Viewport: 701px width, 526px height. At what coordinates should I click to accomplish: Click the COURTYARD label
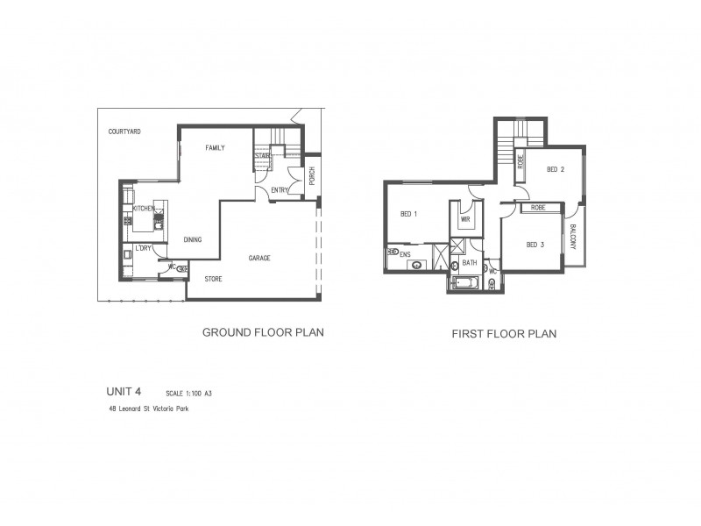124,131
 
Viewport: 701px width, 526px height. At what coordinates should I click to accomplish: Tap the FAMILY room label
216,148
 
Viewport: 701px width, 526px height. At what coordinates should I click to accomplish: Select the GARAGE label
258,259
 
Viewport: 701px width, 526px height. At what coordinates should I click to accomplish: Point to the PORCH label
312,177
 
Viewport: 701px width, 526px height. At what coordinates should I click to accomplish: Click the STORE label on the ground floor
213,280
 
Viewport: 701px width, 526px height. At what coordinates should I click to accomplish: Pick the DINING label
194,238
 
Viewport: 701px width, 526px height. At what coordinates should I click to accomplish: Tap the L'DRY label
143,248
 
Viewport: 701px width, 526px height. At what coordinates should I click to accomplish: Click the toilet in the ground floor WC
181,269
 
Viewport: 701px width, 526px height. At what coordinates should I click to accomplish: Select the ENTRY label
280,190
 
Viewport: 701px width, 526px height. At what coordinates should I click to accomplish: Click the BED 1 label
408,214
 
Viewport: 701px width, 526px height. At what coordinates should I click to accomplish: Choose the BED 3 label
535,245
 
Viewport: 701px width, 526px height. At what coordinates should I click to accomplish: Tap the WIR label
465,220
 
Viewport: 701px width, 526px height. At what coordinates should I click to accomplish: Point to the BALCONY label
572,237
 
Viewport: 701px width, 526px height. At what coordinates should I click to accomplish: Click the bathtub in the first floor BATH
464,282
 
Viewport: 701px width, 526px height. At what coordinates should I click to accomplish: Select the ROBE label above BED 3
538,208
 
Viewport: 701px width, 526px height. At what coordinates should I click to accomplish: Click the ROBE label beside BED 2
520,161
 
